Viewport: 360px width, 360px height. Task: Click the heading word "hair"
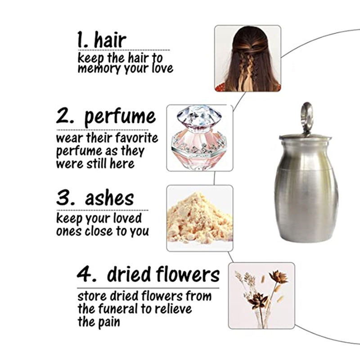tap(110, 40)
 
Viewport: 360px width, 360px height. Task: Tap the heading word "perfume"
tap(120, 117)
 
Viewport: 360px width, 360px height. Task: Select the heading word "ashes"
tap(109, 198)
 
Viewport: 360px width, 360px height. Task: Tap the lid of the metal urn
tap(305, 138)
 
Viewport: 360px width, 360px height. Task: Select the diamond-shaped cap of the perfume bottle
tap(199, 116)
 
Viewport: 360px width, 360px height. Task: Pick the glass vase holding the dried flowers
tap(262, 319)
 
